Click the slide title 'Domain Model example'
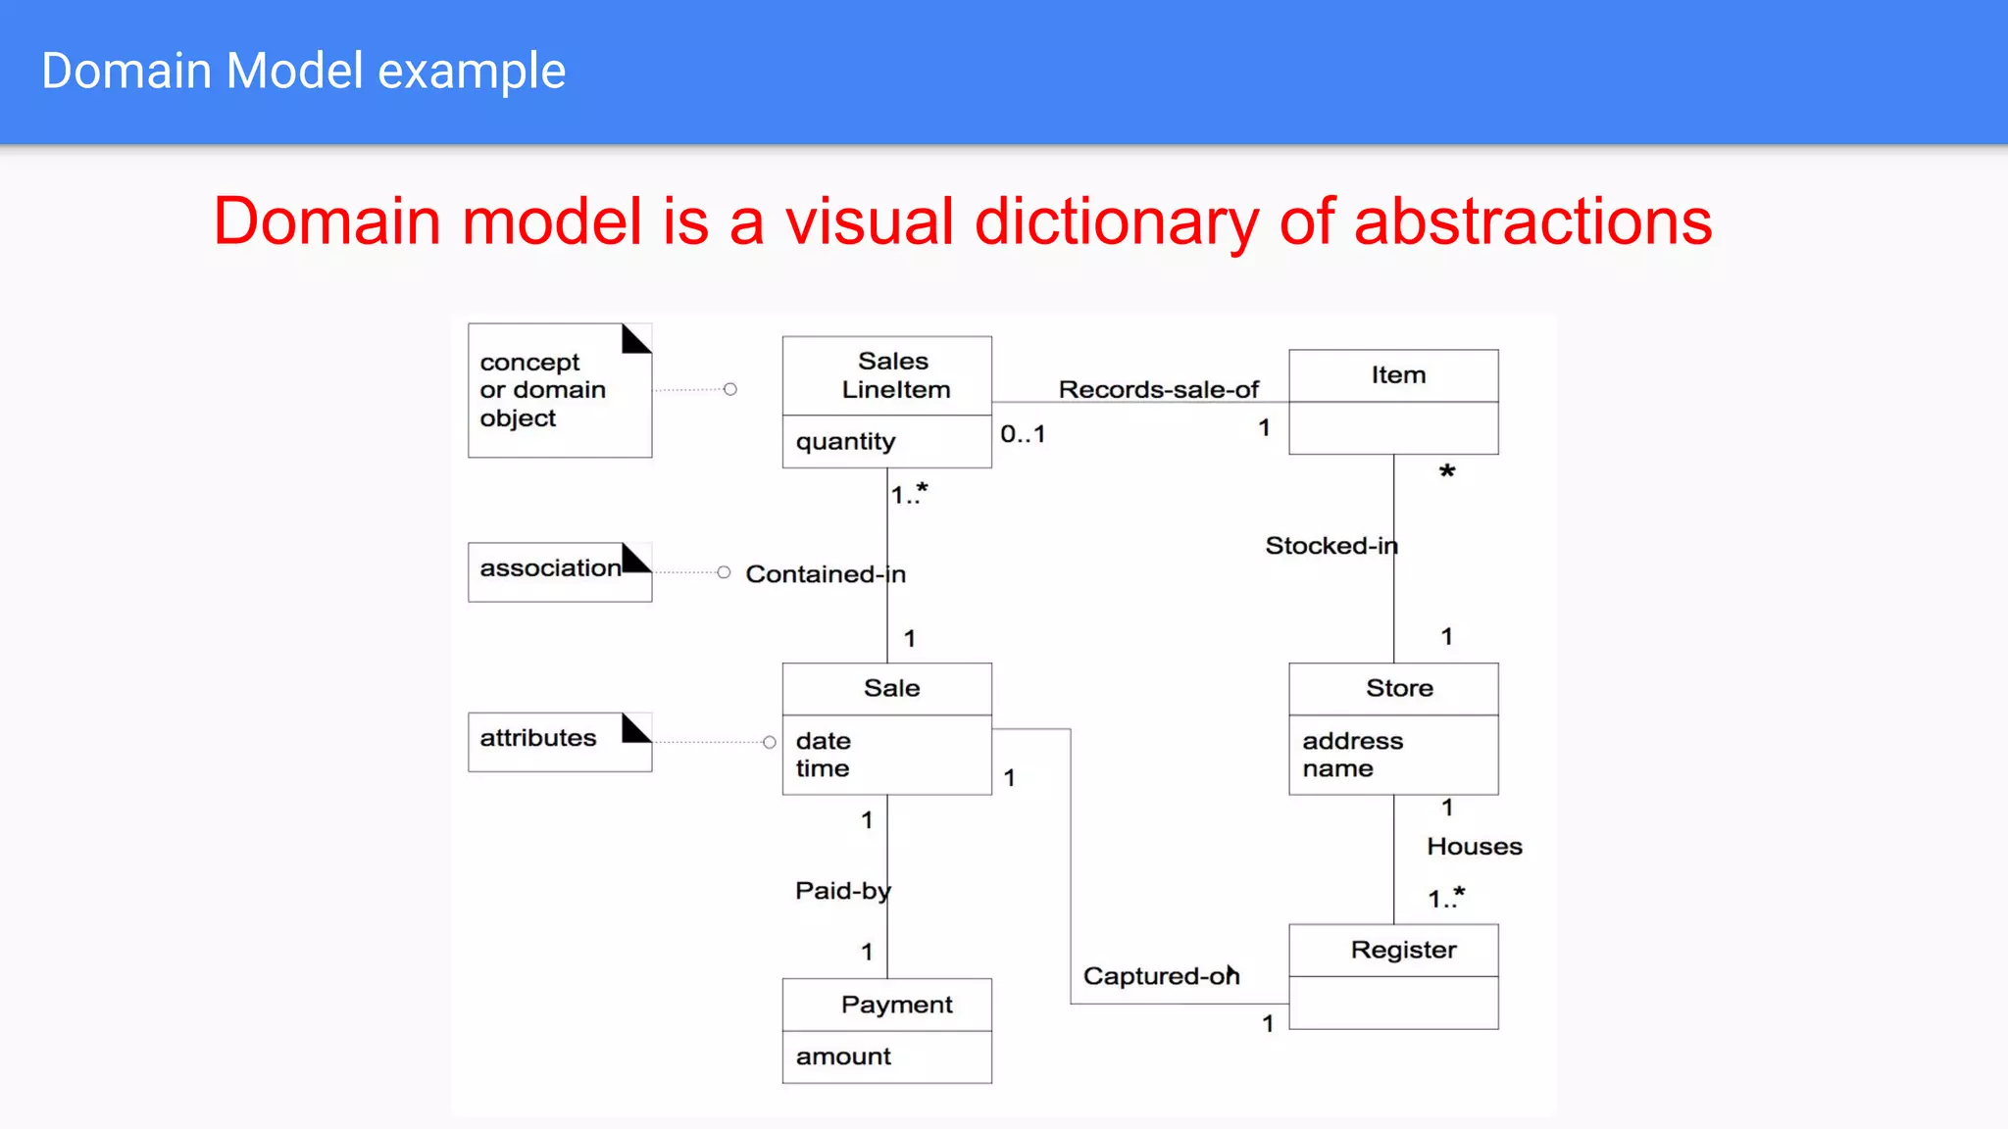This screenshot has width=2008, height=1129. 303,72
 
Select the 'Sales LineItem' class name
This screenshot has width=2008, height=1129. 894,375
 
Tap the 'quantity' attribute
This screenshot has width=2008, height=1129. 845,442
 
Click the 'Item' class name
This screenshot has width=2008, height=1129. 1398,375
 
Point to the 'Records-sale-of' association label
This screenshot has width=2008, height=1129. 1158,390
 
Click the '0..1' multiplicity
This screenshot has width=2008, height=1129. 1023,434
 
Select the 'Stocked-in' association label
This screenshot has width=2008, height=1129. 1330,546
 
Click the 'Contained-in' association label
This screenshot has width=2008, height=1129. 825,574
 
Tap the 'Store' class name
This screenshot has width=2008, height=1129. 1399,689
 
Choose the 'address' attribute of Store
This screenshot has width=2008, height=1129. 1352,741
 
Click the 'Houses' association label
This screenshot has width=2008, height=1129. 1474,847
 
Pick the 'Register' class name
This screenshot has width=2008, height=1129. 1403,951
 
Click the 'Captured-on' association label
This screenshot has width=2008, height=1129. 1161,976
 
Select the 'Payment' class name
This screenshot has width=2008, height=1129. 896,1006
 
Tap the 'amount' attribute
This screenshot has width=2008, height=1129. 843,1056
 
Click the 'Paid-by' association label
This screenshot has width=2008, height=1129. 842,891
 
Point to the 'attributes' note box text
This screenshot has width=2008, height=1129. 537,738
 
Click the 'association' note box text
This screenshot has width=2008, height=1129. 550,568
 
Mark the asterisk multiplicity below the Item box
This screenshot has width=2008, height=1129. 1447,472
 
